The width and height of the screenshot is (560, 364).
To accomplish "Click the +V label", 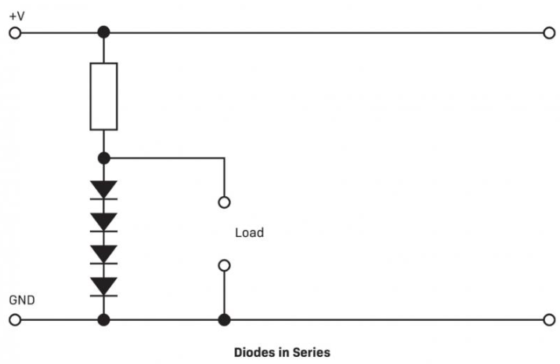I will click(17, 15).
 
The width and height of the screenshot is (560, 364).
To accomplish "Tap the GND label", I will click(21, 300).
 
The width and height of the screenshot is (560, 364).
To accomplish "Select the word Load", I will click(249, 233).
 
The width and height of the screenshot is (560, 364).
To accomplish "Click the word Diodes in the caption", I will click(255, 352).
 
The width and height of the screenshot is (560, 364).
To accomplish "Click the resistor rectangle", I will click(103, 96).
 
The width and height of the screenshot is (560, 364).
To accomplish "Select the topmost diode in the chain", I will click(103, 190).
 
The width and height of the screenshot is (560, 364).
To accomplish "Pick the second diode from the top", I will click(103, 222).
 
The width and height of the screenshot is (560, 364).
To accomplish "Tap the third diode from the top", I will click(103, 254).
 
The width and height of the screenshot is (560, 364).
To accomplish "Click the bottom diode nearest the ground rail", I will click(103, 286).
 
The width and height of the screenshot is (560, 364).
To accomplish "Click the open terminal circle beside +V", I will click(13, 33).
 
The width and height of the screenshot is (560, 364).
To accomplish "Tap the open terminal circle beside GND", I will click(13, 320).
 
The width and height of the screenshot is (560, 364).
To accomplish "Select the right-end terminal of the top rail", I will click(547, 33).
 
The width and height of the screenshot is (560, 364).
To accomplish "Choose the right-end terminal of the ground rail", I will click(547, 320).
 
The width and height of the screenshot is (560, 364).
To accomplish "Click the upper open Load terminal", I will click(224, 202).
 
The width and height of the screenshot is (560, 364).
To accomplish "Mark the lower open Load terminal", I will click(224, 266).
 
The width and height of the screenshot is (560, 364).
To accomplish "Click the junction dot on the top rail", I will click(103, 33).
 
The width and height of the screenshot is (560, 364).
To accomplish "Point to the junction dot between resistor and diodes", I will click(103, 158).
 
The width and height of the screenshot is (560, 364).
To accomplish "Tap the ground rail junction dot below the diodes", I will click(103, 320).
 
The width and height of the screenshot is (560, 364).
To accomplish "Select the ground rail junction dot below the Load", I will click(224, 320).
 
